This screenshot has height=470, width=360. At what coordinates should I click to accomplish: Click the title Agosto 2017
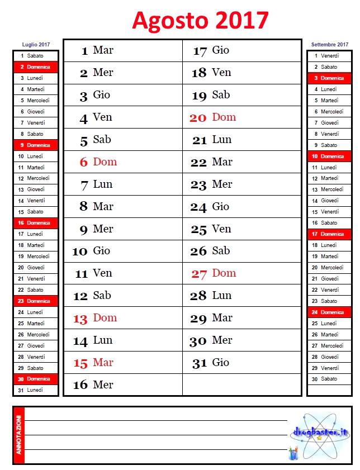[x=201, y=21]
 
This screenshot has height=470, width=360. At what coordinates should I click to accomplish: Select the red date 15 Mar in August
[x=93, y=363]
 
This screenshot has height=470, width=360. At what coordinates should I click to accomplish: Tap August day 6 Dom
[x=98, y=162]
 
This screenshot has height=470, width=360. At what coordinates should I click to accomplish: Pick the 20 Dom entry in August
[x=213, y=117]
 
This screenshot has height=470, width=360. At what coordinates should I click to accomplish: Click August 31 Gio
[x=211, y=363]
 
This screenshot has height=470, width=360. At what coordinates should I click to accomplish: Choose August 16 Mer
[x=93, y=385]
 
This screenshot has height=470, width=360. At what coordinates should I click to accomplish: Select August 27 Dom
[x=214, y=273]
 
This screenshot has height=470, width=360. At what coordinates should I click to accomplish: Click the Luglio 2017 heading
[x=36, y=44]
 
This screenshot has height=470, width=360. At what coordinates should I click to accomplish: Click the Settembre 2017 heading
[x=329, y=44]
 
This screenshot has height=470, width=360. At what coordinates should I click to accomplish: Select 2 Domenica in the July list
[x=35, y=67]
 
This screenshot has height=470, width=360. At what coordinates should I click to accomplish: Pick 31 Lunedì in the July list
[x=35, y=390]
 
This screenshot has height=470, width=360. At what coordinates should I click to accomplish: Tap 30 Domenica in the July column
[x=35, y=379]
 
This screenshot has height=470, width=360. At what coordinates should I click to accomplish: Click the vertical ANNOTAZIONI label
[x=18, y=435]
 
